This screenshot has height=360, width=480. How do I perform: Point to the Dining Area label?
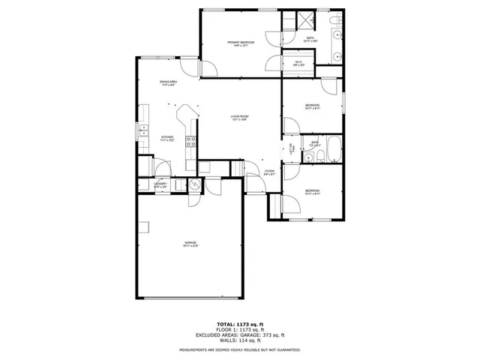(168, 82)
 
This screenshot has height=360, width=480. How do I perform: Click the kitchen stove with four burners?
(190, 140)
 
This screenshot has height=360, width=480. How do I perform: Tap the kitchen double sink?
(142, 131)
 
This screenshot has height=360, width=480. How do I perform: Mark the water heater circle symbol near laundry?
(193, 184)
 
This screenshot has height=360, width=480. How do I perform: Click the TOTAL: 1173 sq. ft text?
(240, 320)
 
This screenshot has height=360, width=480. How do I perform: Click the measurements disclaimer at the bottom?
(240, 350)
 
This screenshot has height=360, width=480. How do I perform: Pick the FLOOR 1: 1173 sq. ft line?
(240, 327)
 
